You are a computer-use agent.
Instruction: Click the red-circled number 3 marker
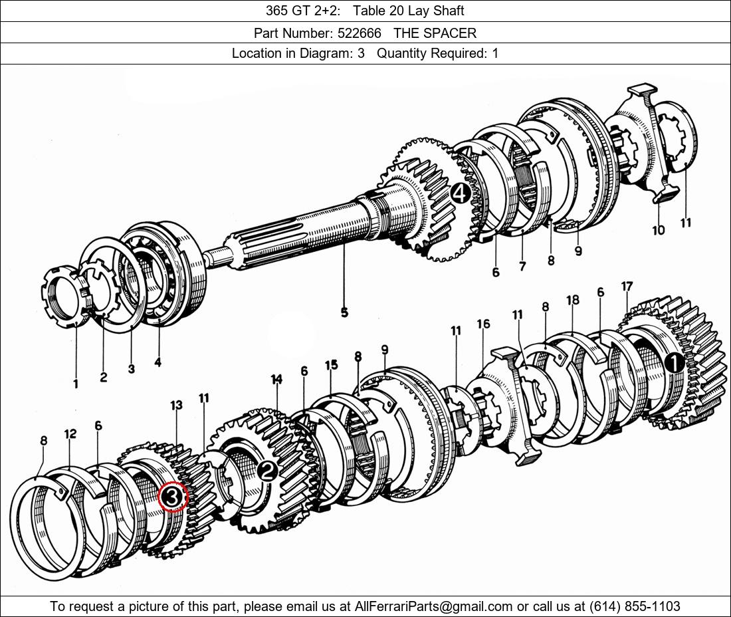[x=172, y=497]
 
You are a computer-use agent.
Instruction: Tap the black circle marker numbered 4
[x=460, y=193]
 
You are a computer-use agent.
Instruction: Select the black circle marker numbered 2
[x=267, y=471]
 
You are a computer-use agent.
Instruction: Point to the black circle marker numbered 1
[x=674, y=363]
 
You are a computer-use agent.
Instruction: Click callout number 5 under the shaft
[x=344, y=312]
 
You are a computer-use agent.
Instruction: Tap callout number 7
[x=522, y=267]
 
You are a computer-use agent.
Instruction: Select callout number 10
[x=658, y=230]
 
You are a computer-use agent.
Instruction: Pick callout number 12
[x=70, y=434]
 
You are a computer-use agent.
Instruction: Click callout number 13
[x=175, y=405]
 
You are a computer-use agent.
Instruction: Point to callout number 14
[x=276, y=379]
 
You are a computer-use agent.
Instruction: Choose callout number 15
[x=331, y=364]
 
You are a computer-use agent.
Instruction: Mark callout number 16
[x=483, y=324]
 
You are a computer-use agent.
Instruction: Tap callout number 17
[x=627, y=287]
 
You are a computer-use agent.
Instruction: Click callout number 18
[x=573, y=300]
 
